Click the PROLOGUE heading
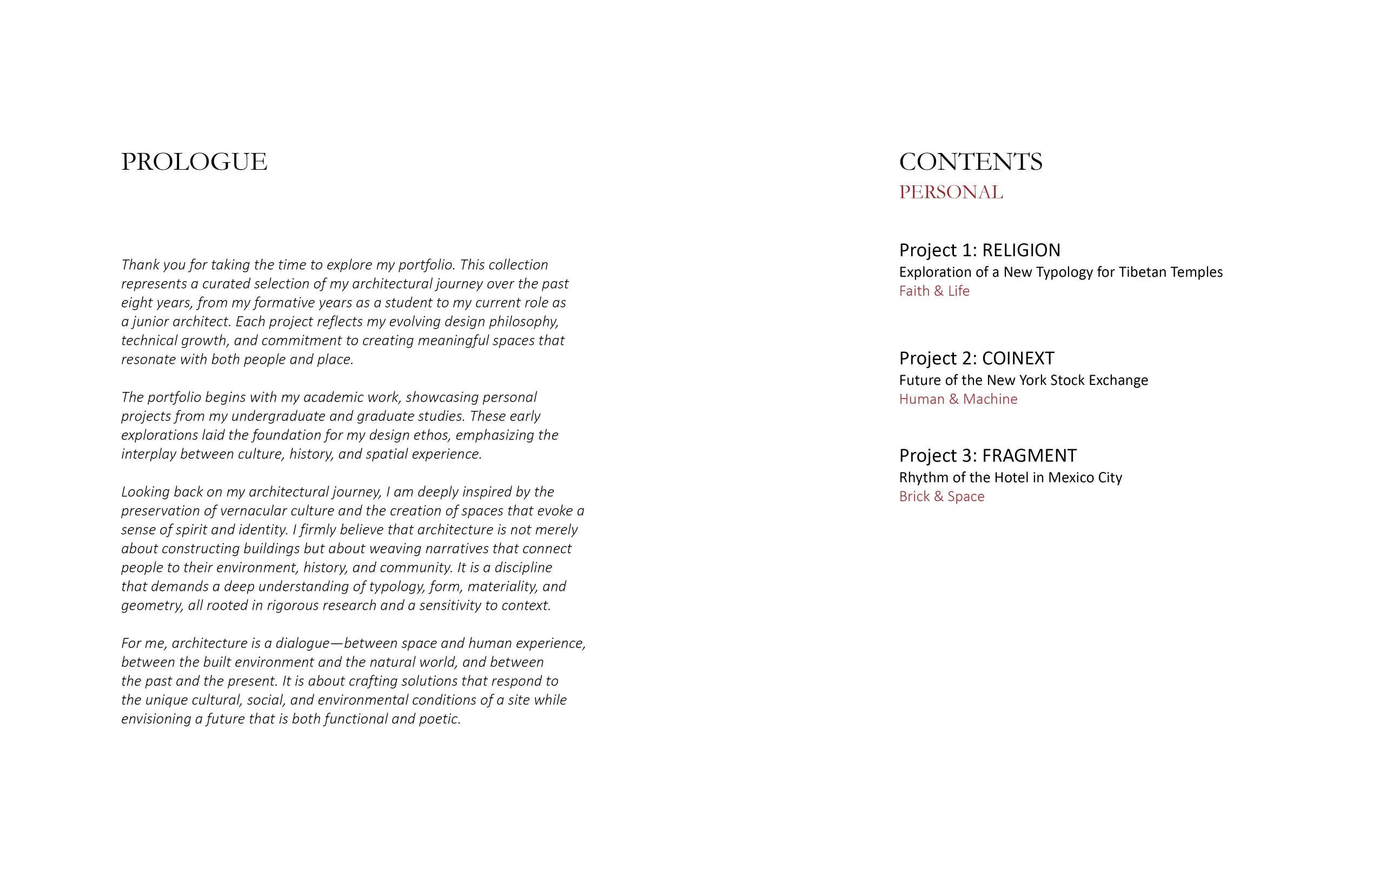[194, 162]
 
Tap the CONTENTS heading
[971, 162]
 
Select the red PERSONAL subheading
[951, 192]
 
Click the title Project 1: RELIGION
[980, 250]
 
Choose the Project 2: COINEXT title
[976, 358]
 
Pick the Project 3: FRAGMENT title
[988, 456]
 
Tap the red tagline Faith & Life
[934, 291]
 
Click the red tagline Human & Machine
[958, 399]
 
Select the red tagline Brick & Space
[942, 496]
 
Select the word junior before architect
[152, 322]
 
